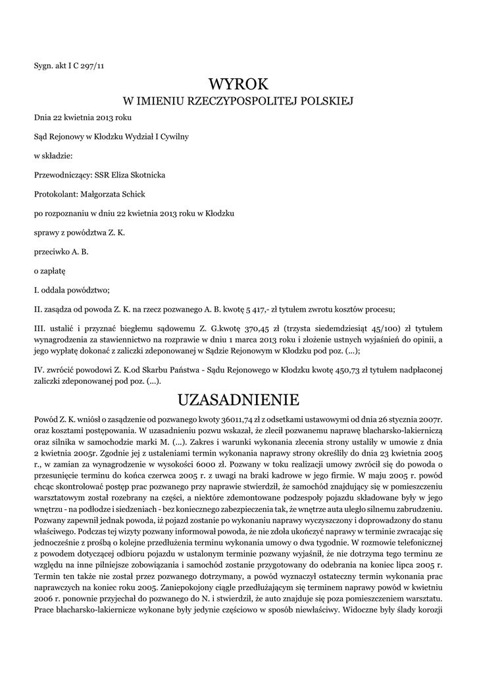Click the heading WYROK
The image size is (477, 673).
coord(238,83)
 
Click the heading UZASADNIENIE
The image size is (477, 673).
coord(238,399)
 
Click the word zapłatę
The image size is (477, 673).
coord(51,270)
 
